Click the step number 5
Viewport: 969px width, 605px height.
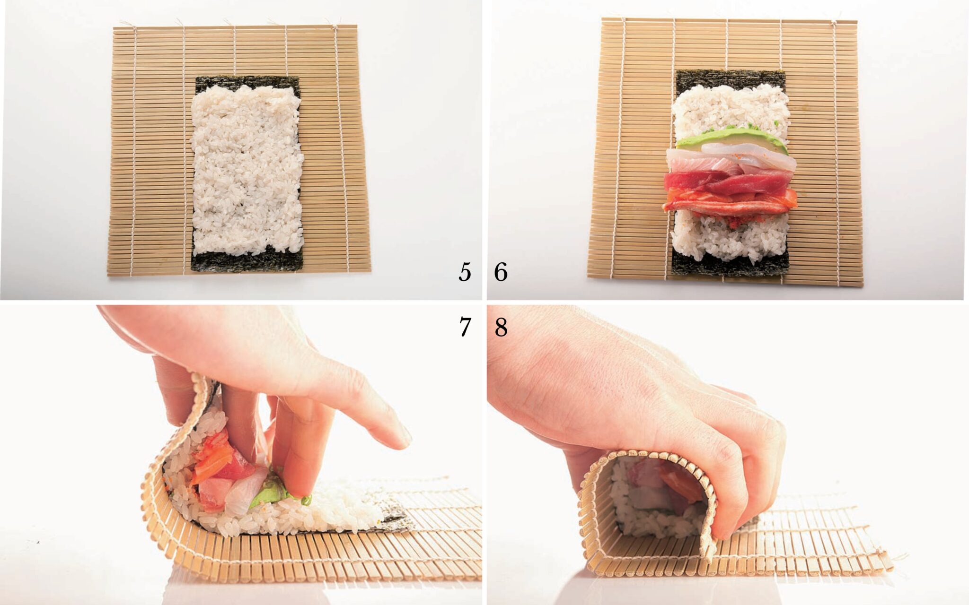point(465,272)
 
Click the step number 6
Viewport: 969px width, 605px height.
point(501,272)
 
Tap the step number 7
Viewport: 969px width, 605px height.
point(465,327)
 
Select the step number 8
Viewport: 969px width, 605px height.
point(501,327)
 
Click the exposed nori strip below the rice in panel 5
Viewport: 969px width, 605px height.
point(247,260)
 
